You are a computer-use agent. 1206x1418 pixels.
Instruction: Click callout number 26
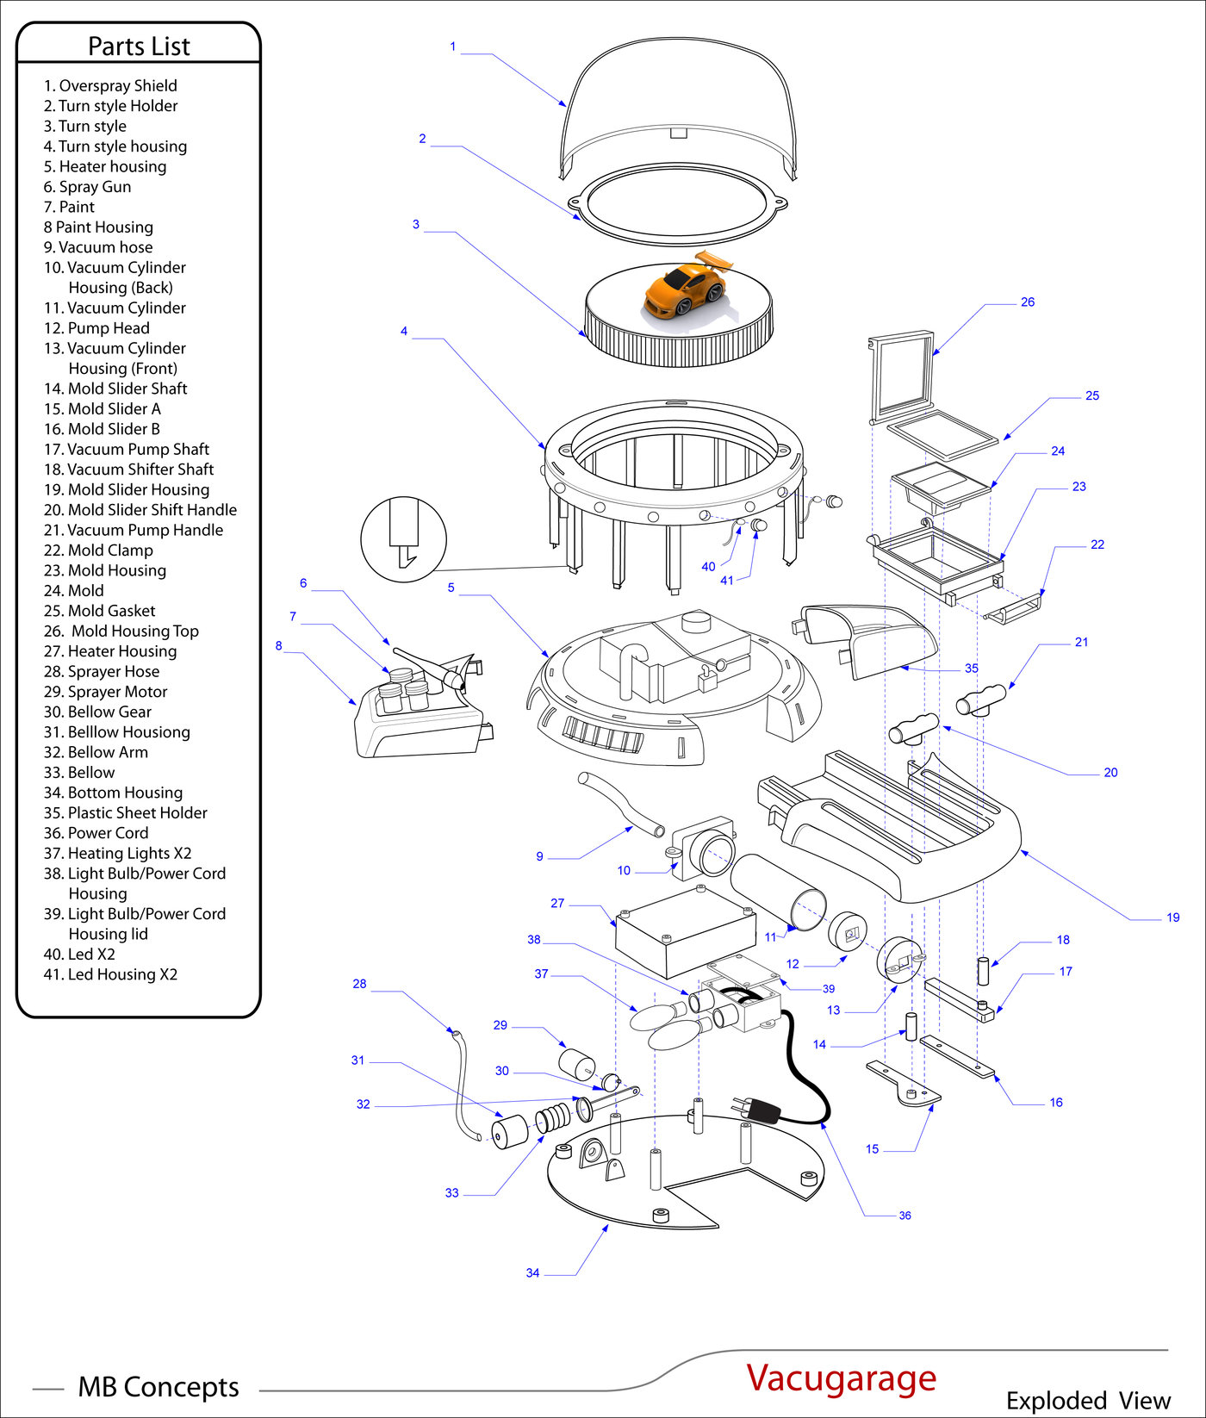coord(1027,302)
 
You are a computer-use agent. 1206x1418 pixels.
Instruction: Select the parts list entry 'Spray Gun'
coord(88,187)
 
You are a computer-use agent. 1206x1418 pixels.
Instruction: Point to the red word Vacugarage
coord(841,1377)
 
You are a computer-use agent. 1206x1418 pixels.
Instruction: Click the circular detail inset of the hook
coord(403,539)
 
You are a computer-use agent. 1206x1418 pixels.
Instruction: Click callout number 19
coord(1172,917)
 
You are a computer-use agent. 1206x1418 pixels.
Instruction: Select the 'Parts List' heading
coord(139,46)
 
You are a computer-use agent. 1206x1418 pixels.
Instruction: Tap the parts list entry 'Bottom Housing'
coord(113,793)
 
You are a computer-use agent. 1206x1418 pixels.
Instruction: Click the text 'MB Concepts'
coord(159,1387)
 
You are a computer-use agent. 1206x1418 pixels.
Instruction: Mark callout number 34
coord(532,1273)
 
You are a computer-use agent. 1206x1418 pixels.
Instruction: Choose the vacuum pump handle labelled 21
coord(981,700)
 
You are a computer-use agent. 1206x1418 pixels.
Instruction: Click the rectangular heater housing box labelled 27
coord(685,932)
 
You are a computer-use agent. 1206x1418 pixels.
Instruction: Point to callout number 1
coord(452,47)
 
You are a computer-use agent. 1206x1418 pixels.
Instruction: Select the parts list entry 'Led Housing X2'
coord(110,974)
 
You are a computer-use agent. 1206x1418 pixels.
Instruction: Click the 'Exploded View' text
coord(1088,1400)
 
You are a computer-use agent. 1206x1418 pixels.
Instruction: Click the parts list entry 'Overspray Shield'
coord(110,86)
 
